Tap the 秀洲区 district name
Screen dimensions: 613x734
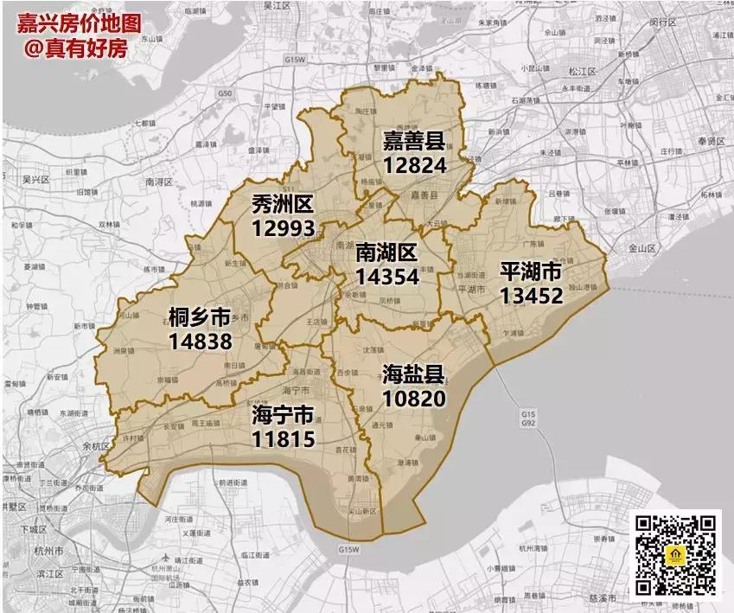283,204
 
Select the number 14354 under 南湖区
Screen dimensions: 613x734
386,277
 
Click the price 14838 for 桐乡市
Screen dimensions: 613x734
201,341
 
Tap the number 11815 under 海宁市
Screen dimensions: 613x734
283,438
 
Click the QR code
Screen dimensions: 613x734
677,554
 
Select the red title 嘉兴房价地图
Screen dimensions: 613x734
79,23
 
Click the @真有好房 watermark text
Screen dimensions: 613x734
75,49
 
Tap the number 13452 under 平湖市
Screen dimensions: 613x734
531,297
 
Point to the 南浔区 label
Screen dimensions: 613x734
160,182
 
